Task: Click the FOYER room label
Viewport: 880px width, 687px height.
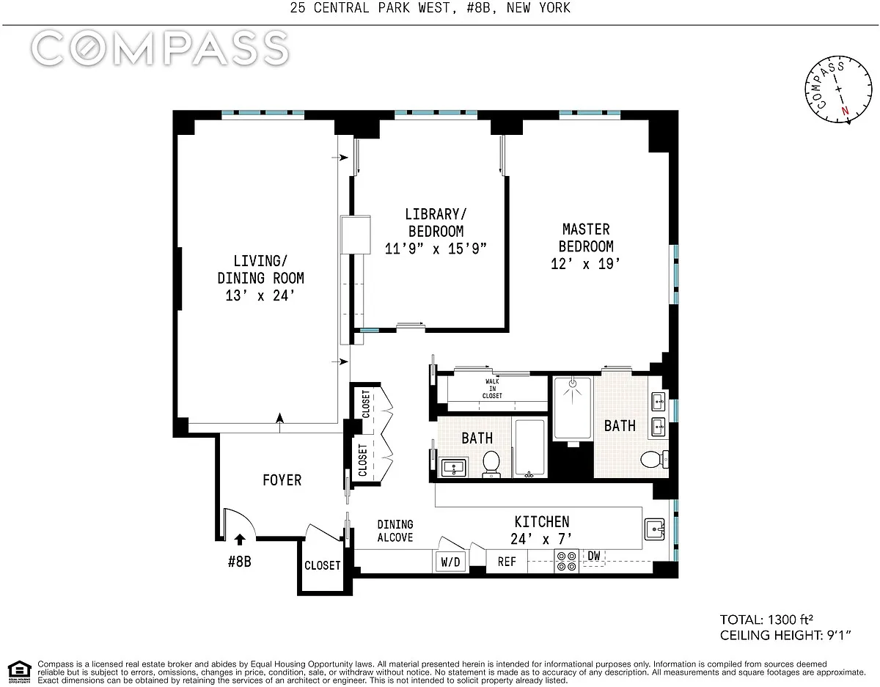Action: tap(282, 480)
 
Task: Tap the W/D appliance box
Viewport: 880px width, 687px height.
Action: tap(451, 562)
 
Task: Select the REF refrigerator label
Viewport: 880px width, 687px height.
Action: tap(507, 562)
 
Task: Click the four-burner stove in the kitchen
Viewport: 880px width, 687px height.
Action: tap(567, 561)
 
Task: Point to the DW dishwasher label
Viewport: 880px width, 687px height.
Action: tap(593, 556)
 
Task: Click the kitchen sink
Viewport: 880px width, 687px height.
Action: tap(654, 529)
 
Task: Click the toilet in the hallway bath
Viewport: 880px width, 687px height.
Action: tap(491, 464)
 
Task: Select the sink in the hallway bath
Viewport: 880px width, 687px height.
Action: tap(453, 468)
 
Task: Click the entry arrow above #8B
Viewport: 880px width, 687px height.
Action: tap(240, 539)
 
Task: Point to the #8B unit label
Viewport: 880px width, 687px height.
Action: tap(239, 562)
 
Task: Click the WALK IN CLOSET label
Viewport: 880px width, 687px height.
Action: tap(492, 389)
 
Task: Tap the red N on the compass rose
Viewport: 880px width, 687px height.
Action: tap(846, 111)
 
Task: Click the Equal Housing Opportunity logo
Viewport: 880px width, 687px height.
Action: tap(20, 672)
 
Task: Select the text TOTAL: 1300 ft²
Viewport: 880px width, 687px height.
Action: tap(766, 620)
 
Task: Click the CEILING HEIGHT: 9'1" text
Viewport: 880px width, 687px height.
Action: tap(785, 635)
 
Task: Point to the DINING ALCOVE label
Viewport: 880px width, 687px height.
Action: tap(395, 531)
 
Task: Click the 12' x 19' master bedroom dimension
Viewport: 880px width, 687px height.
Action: tap(586, 264)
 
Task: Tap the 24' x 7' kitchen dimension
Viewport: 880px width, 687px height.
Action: tap(541, 539)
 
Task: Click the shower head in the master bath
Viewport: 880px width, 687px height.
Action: tap(573, 383)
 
